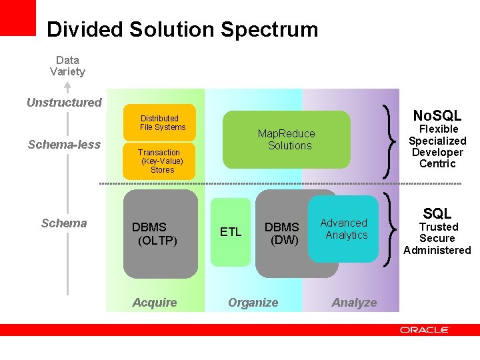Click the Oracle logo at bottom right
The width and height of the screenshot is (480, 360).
pyautogui.click(x=425, y=329)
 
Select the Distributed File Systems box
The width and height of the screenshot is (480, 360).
pyautogui.click(x=160, y=123)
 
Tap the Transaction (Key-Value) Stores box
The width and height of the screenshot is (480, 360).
pyautogui.click(x=160, y=161)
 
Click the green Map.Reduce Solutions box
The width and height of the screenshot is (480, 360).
pyautogui.click(x=287, y=139)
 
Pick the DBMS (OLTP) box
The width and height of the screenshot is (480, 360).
pyautogui.click(x=160, y=233)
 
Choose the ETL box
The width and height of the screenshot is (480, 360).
pyautogui.click(x=231, y=232)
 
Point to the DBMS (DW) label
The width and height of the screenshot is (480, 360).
pyautogui.click(x=282, y=233)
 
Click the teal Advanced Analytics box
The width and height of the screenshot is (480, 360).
pyautogui.click(x=343, y=229)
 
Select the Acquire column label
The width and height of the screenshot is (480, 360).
pyautogui.click(x=155, y=303)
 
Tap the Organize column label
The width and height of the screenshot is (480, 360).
pyautogui.click(x=253, y=303)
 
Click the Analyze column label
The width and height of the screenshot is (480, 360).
pyautogui.click(x=354, y=303)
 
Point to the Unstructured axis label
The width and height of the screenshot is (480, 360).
pyautogui.click(x=64, y=103)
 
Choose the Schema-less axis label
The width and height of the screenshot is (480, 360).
pyautogui.click(x=64, y=145)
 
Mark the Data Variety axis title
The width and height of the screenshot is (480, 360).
pyautogui.click(x=67, y=65)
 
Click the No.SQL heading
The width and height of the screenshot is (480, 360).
pyautogui.click(x=437, y=115)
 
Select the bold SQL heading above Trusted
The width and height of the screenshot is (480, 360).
pyautogui.click(x=437, y=213)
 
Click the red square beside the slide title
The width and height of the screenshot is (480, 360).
pyautogui.click(x=17, y=17)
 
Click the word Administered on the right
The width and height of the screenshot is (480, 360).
pyautogui.click(x=437, y=251)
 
